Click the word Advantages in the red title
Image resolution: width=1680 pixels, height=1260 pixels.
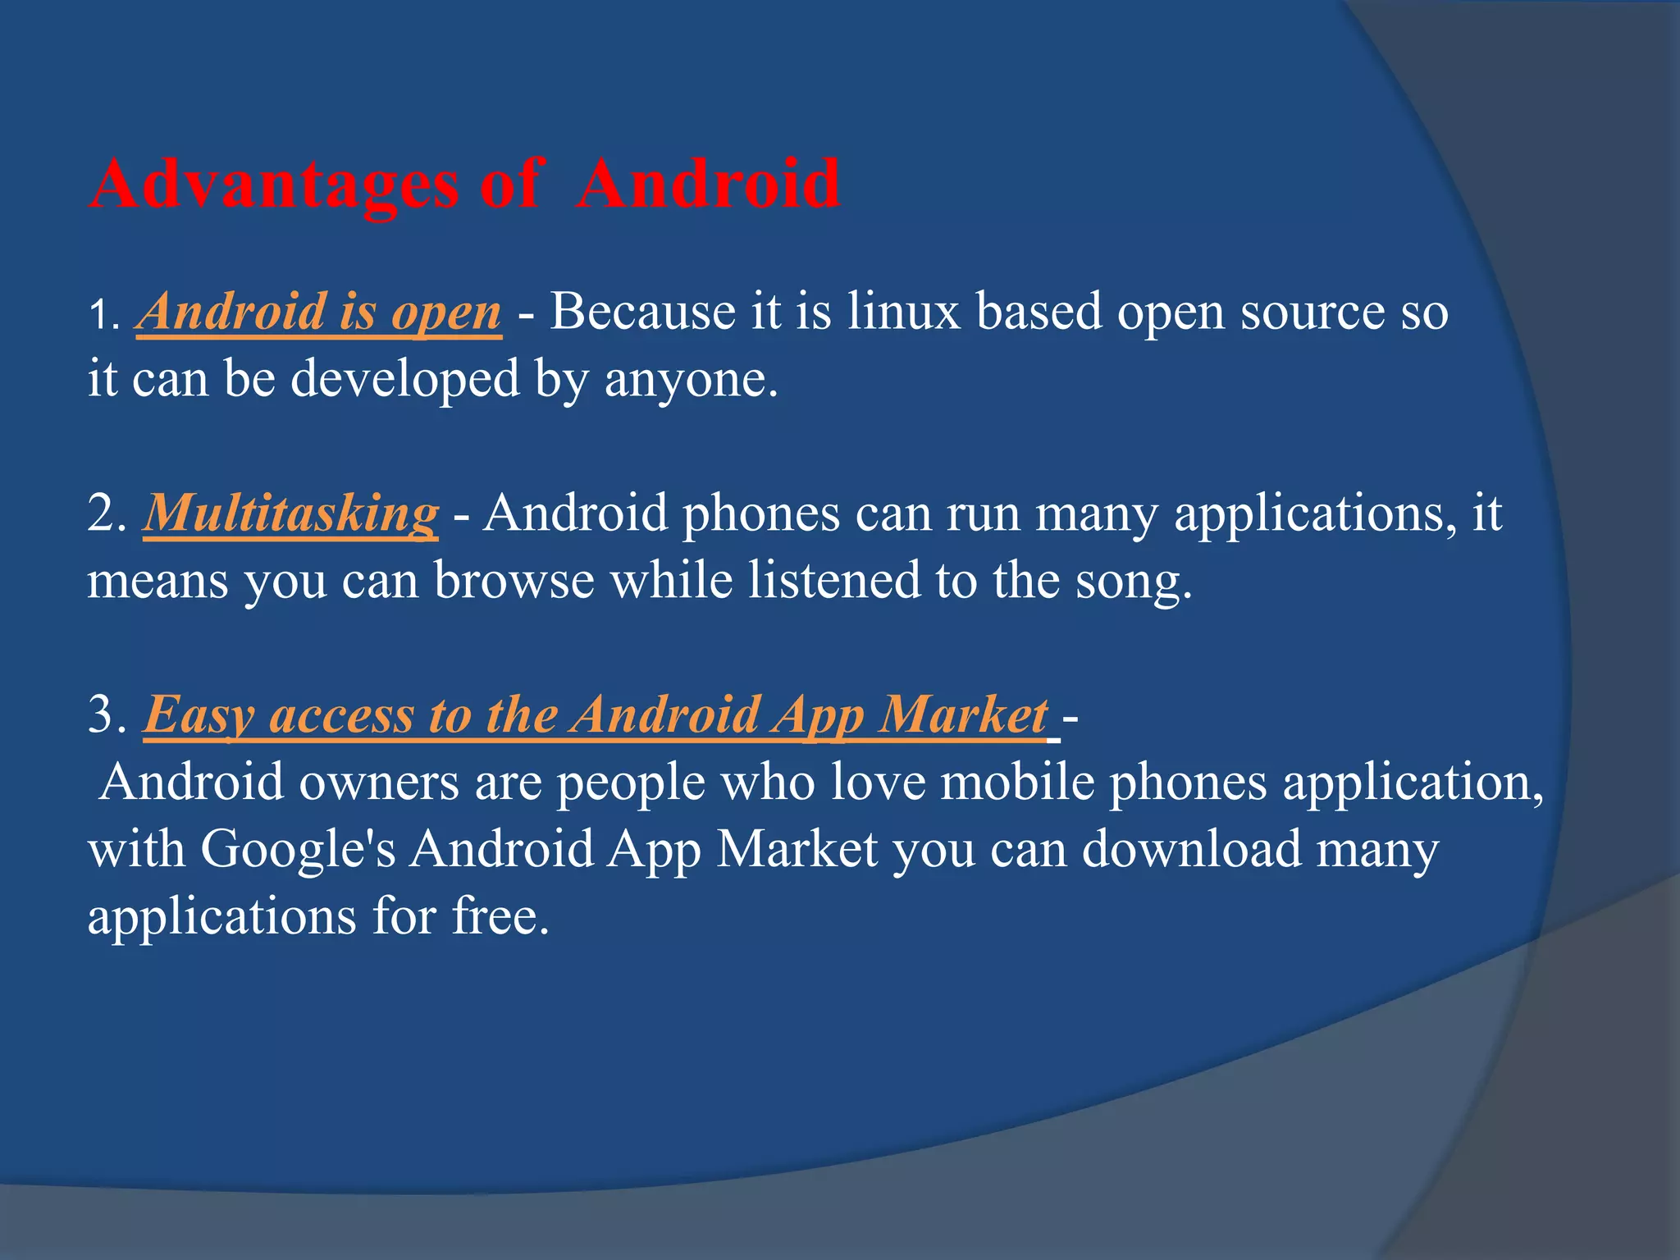pos(275,184)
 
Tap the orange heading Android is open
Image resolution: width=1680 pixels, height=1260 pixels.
pos(319,313)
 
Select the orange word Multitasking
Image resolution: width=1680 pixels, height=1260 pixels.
pos(291,514)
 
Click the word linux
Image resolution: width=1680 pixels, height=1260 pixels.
pos(903,313)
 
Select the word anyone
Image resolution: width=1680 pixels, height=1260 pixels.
pos(689,381)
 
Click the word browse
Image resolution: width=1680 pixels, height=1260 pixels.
pos(514,581)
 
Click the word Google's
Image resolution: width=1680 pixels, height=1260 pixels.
pos(298,850)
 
